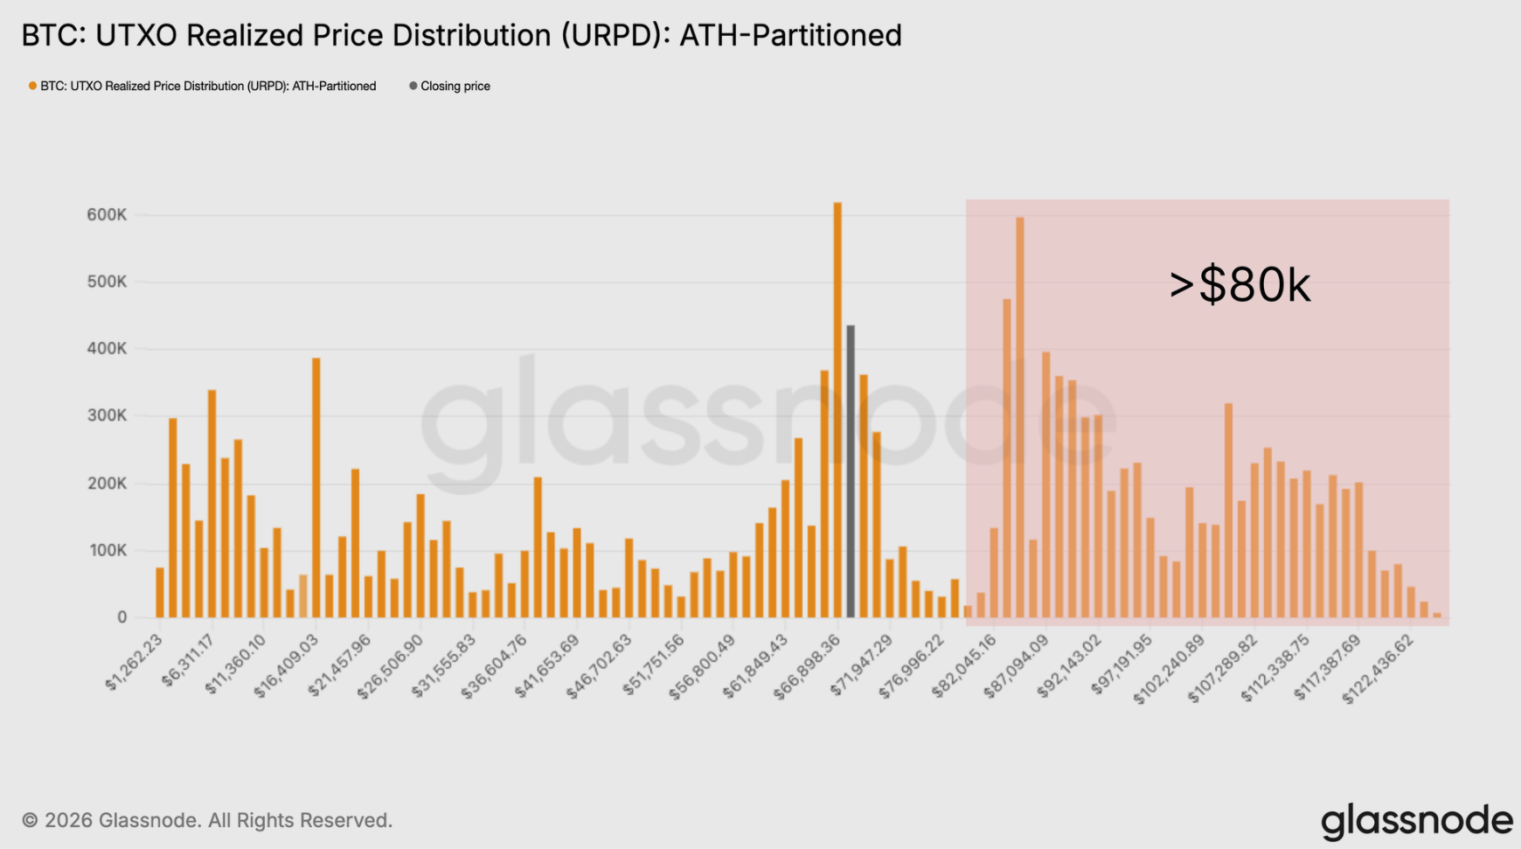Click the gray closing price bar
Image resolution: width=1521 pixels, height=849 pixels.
pos(851,472)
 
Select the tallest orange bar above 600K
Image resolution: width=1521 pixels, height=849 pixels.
pos(837,411)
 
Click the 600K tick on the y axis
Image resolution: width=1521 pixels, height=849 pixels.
pos(107,215)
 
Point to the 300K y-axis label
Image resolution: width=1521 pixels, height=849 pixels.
pos(107,416)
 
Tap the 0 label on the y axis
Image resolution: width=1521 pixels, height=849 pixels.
pos(122,617)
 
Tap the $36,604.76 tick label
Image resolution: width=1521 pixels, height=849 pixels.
pos(495,666)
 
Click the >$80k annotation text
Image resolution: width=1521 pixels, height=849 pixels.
pos(1240,285)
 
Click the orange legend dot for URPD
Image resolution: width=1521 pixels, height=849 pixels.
pos(32,86)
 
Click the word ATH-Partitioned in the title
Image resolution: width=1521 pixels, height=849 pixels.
pos(790,35)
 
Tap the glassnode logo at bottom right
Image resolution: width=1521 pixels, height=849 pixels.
pos(1416,821)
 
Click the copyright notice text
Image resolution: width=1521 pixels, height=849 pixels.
pos(207,820)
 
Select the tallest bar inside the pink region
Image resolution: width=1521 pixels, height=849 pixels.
pos(1020,420)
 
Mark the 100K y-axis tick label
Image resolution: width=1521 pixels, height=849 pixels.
pos(107,551)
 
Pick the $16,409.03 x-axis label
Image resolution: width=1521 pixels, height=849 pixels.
pos(287,666)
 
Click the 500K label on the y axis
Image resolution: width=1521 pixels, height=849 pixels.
pos(107,282)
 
